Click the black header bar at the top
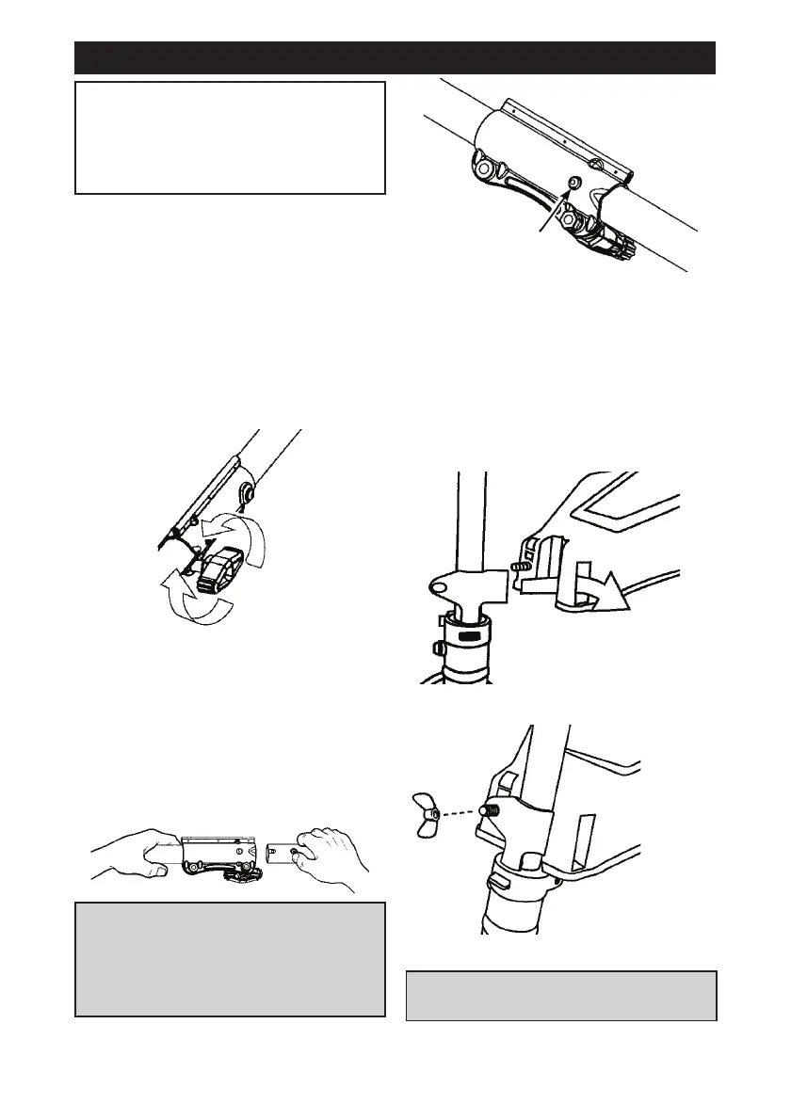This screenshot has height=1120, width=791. pos(395,57)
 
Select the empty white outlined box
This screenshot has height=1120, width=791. pos(230,137)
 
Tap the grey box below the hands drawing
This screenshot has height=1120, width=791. pos(230,959)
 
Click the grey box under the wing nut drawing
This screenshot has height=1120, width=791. pos(561,996)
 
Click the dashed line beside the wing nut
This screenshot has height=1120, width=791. pos(466,810)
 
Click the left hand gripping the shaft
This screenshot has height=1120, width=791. pos(137,853)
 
